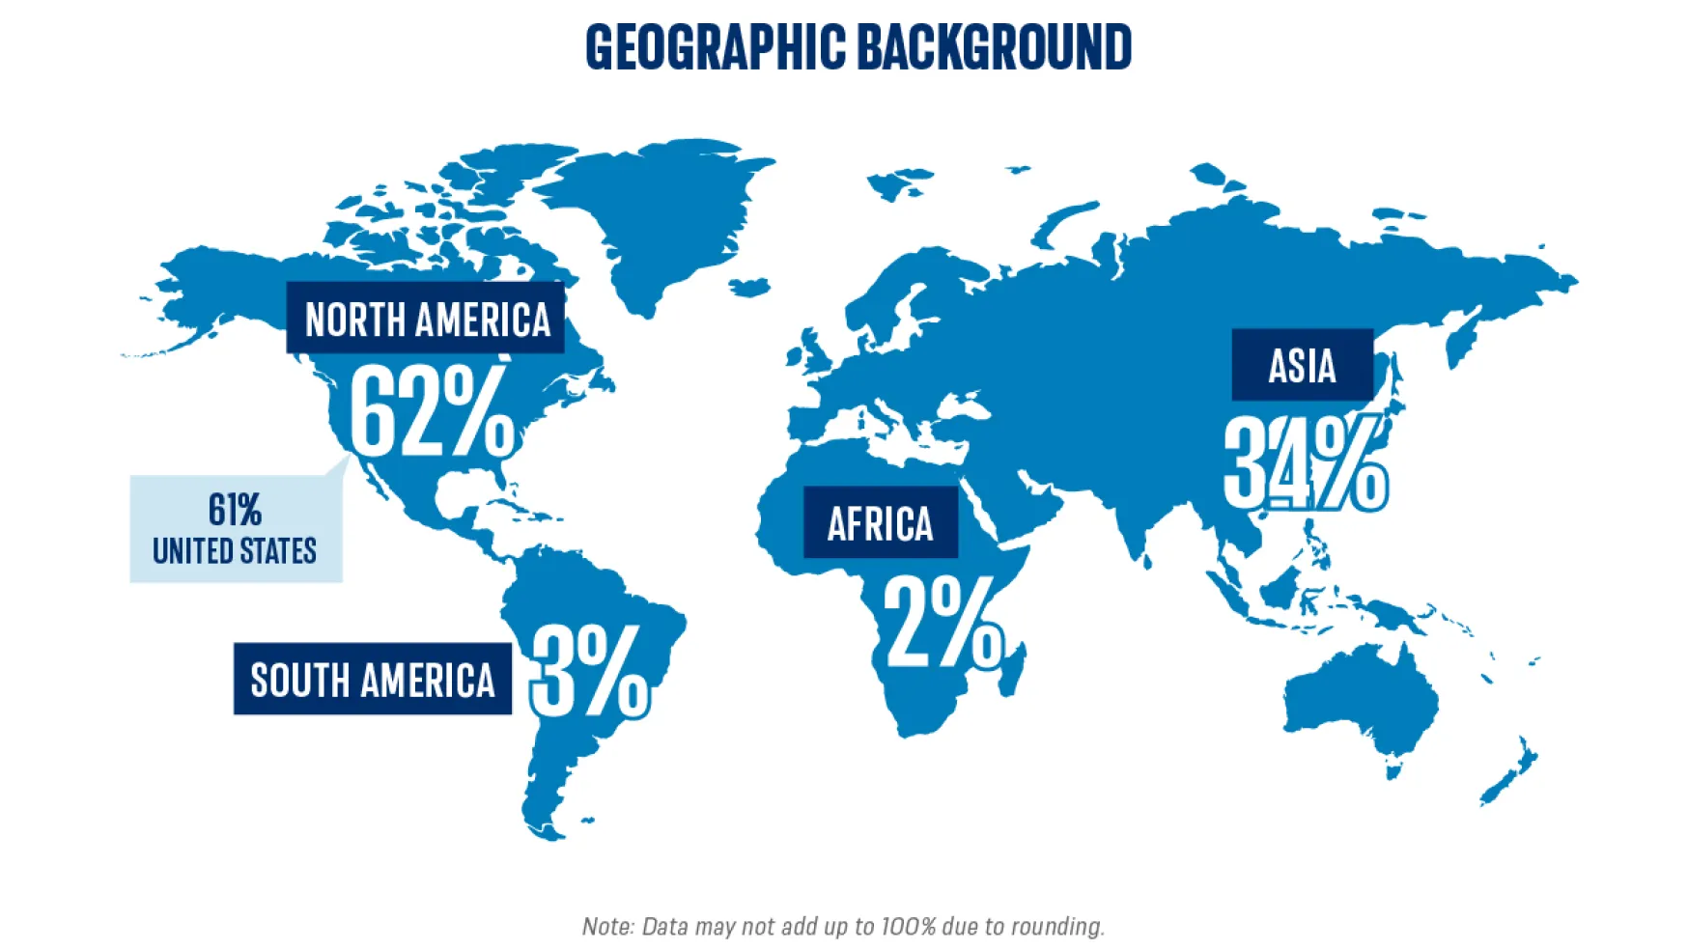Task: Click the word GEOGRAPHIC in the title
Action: pos(715,46)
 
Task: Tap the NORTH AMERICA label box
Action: pos(426,319)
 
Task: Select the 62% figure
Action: pos(431,412)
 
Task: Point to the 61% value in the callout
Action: pos(235,509)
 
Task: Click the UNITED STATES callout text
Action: pos(235,551)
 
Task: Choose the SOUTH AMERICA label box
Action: pos(372,680)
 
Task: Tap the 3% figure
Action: pos(589,671)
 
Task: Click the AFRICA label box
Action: pos(880,523)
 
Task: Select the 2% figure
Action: pos(942,623)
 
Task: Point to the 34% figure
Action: pos(1304,463)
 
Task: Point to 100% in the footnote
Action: pos(908,927)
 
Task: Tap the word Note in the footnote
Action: pos(606,927)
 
